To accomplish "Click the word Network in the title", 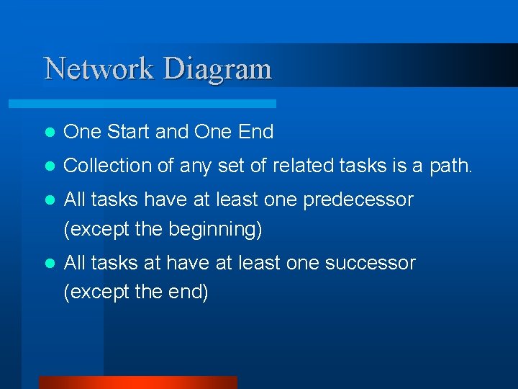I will tap(99, 69).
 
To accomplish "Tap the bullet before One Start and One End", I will tap(48, 133).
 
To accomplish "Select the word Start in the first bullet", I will tap(128, 132).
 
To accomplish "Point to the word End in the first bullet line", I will tap(256, 132).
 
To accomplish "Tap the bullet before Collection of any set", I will tap(48, 166).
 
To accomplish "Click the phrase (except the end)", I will tap(136, 292).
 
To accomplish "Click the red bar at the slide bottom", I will tap(137, 383).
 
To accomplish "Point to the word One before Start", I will tap(83, 132).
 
